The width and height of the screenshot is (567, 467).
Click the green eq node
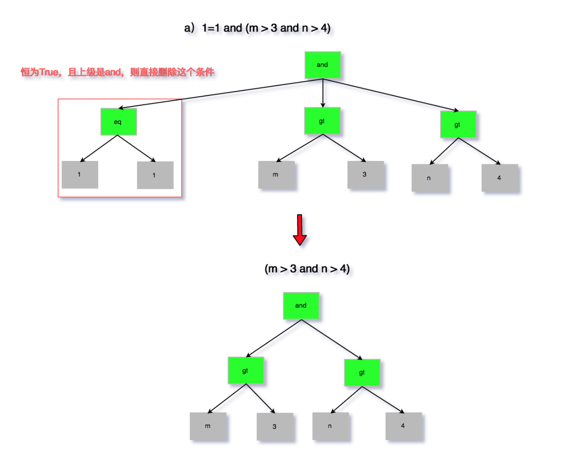[x=118, y=122]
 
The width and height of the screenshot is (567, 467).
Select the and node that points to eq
[x=322, y=65]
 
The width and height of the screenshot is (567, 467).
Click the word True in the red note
[x=49, y=73]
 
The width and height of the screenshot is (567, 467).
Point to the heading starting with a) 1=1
[x=257, y=28]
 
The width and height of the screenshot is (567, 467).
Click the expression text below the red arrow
[x=307, y=269]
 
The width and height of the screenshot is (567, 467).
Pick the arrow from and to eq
[x=221, y=94]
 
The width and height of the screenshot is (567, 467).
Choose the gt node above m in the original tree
[x=322, y=121]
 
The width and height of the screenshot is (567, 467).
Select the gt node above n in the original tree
[x=458, y=124]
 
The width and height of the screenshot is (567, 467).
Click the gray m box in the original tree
[x=276, y=175]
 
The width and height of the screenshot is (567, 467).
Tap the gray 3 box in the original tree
[x=365, y=175]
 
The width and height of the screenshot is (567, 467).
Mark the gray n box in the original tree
[x=429, y=178]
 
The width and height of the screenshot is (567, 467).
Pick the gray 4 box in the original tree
[x=499, y=178]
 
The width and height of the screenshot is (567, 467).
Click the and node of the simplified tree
[x=301, y=306]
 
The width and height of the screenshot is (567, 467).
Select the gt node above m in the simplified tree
[x=245, y=370]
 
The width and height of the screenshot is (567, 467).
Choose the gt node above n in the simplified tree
[x=362, y=372]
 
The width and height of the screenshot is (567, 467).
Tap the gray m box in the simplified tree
[x=208, y=426]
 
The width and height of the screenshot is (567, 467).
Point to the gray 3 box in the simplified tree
[x=274, y=426]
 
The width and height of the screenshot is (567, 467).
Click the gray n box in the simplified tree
[x=330, y=426]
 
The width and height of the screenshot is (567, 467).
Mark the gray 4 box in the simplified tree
[x=403, y=426]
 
